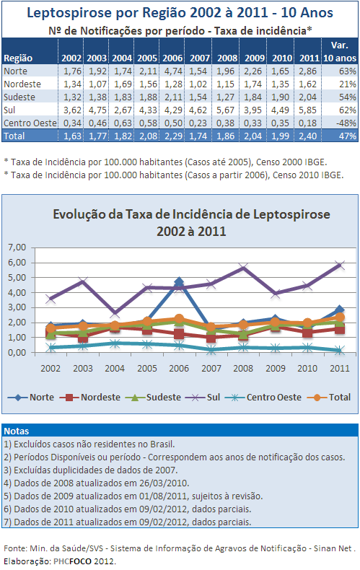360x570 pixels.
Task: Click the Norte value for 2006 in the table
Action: pyautogui.click(x=172, y=71)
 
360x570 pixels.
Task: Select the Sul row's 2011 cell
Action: pyautogui.click(x=307, y=110)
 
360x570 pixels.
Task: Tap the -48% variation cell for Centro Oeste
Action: pyautogui.click(x=346, y=123)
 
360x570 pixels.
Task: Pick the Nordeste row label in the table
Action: pyautogui.click(x=22, y=84)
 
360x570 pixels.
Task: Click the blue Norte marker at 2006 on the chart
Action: pyautogui.click(x=179, y=281)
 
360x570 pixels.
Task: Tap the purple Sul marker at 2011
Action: pyautogui.click(x=340, y=265)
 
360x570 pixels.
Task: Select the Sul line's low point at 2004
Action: pyautogui.click(x=115, y=312)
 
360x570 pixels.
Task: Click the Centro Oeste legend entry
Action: pyautogui.click(x=263, y=398)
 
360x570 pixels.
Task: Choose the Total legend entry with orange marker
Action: pyautogui.click(x=329, y=398)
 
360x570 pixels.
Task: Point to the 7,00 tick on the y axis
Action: pyautogui.click(x=17, y=247)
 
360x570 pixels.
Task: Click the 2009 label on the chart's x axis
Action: pyautogui.click(x=276, y=368)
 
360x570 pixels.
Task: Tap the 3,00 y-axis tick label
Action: pyautogui.click(x=17, y=307)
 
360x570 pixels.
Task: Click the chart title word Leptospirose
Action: pyautogui.click(x=291, y=214)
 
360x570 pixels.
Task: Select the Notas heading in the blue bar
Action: pyautogui.click(x=17, y=431)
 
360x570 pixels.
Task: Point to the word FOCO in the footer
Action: pyautogui.click(x=80, y=561)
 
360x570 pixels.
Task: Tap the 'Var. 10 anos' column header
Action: pyautogui.click(x=340, y=52)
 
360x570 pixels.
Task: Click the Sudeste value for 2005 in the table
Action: pyautogui.click(x=147, y=97)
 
